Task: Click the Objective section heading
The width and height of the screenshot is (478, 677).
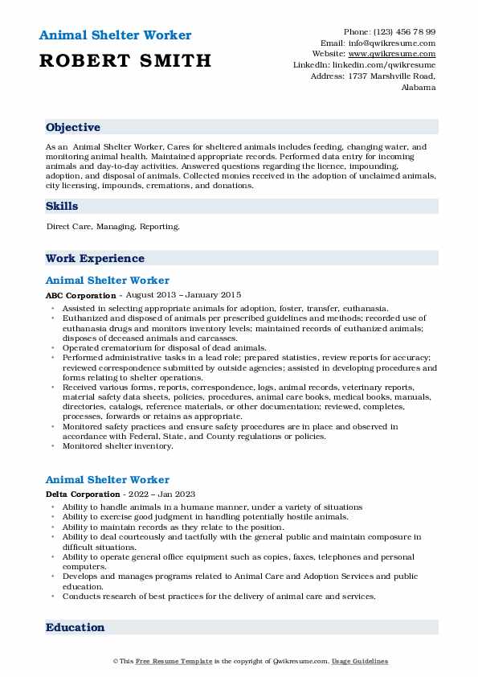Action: pyautogui.click(x=73, y=128)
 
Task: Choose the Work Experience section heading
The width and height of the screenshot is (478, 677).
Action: pyautogui.click(x=95, y=259)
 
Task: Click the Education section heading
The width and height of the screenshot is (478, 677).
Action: pyautogui.click(x=75, y=628)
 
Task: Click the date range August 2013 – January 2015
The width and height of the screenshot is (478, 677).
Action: pyautogui.click(x=184, y=296)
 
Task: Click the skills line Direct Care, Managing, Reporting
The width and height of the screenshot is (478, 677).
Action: pyautogui.click(x=113, y=227)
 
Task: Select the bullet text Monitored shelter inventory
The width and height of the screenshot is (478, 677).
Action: pyautogui.click(x=112, y=445)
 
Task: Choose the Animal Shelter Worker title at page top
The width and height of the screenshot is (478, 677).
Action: pyautogui.click(x=114, y=35)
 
